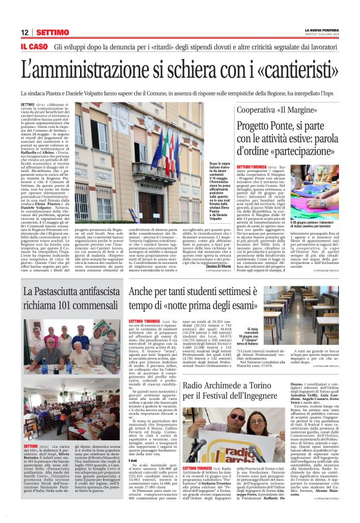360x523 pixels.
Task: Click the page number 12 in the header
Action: click(x=25, y=32)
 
